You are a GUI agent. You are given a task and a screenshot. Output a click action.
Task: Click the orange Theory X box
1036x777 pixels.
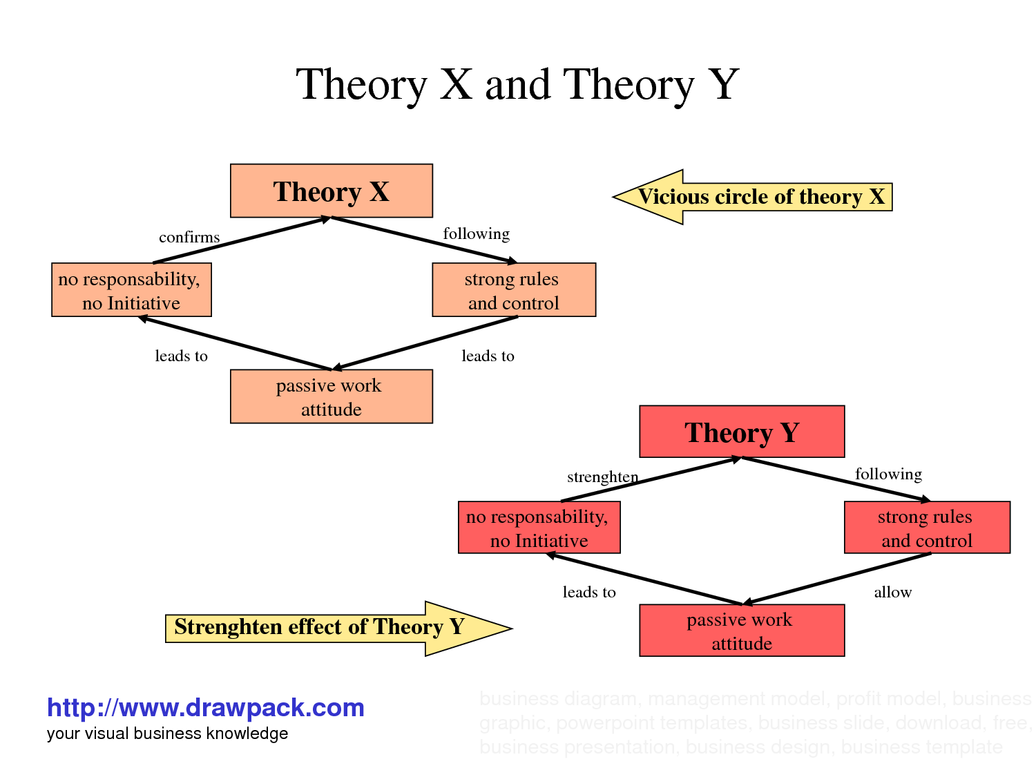pyautogui.click(x=332, y=191)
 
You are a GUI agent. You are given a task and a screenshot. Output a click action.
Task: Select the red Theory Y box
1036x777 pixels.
pyautogui.click(x=742, y=432)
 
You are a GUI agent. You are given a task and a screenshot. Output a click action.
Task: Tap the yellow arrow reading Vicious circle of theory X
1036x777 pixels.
pyautogui.click(x=753, y=197)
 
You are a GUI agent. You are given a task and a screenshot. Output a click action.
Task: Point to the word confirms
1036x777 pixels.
pyautogui.click(x=189, y=238)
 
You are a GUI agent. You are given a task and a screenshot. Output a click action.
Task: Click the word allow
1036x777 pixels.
pyautogui.click(x=892, y=593)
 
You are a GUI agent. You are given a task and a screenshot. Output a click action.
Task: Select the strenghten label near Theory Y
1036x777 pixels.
pyautogui.click(x=602, y=477)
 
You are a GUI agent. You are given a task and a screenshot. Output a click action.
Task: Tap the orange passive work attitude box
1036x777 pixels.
pyautogui.click(x=332, y=396)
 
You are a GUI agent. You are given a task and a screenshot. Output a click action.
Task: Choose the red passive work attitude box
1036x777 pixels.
pyautogui.click(x=742, y=631)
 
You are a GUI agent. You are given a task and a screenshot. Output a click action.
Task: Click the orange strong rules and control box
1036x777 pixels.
pyautogui.click(x=514, y=290)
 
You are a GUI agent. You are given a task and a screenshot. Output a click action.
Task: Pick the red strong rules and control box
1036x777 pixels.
pyautogui.click(x=927, y=528)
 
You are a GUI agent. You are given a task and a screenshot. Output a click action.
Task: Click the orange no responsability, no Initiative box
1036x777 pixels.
pyautogui.click(x=131, y=290)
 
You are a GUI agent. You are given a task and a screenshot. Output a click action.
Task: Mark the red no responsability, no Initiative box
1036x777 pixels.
pyautogui.click(x=539, y=528)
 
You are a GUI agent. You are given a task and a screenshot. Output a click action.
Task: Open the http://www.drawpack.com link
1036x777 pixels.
pyautogui.click(x=205, y=708)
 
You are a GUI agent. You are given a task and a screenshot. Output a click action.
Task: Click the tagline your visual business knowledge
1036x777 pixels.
pyautogui.click(x=167, y=733)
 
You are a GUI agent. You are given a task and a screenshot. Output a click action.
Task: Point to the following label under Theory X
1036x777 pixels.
pyautogui.click(x=476, y=234)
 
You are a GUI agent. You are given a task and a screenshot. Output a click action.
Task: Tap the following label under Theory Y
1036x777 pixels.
pyautogui.click(x=888, y=474)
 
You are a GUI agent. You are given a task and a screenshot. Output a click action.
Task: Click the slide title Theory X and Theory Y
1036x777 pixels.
pyautogui.click(x=517, y=85)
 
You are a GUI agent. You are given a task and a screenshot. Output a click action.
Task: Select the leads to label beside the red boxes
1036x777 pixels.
pyautogui.click(x=589, y=593)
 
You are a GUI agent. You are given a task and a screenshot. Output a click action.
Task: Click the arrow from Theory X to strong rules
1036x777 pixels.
pyautogui.click(x=424, y=240)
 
